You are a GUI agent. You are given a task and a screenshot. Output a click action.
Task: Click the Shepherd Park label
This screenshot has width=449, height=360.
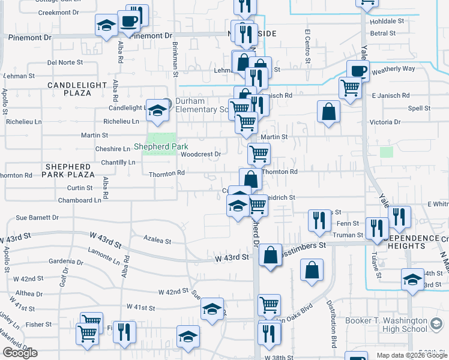(x=161, y=146)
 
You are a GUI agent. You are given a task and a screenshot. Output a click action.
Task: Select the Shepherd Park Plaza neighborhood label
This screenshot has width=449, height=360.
(x=68, y=170)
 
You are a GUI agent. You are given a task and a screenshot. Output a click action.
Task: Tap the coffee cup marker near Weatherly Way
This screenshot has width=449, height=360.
(x=358, y=71)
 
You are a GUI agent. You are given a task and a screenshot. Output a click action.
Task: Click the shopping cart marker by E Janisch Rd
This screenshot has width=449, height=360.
(x=349, y=88)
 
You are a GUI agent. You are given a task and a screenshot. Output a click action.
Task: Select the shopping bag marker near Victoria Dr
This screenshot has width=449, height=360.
(x=328, y=111)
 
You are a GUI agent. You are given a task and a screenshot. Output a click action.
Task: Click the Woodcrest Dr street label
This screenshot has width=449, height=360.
(x=200, y=154)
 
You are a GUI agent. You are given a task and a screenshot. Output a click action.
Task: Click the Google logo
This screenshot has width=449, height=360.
(x=20, y=353)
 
